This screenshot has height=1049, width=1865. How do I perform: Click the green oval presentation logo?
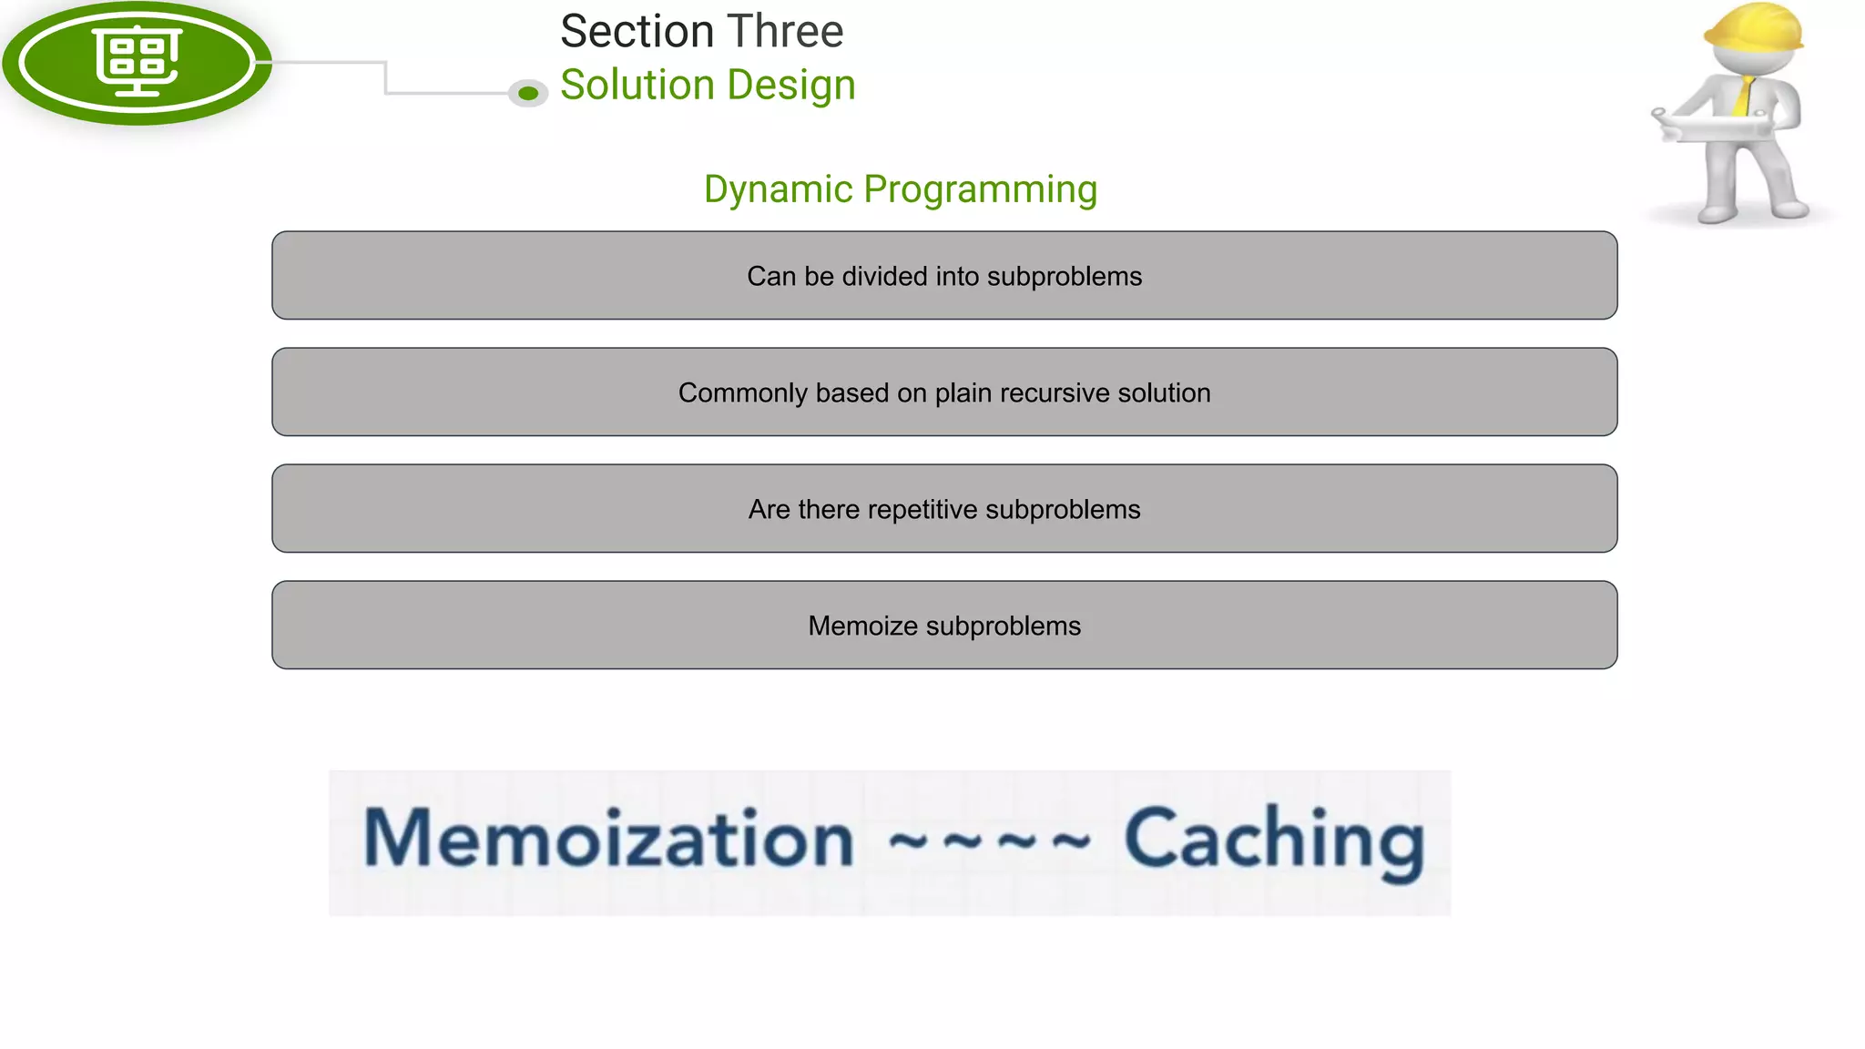137,62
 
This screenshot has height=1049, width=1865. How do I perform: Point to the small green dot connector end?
528,93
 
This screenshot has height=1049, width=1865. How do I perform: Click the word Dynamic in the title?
778,190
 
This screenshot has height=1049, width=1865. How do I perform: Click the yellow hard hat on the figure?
1754,27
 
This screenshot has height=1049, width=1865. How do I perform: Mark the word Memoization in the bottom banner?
608,839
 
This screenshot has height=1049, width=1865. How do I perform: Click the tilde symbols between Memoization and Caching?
988,840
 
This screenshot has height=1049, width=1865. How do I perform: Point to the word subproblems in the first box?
1064,276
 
